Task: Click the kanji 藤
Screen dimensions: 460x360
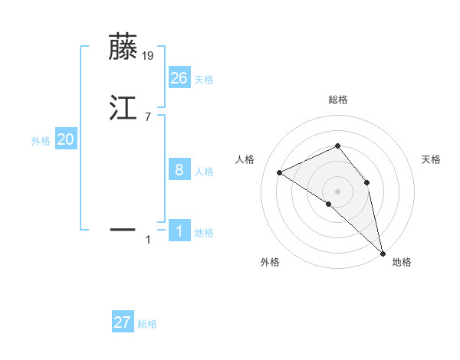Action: click(x=123, y=47)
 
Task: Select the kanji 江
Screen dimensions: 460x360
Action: click(x=123, y=107)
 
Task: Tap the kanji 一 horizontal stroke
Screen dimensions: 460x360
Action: click(x=123, y=228)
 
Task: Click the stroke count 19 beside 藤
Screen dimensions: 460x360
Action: click(x=147, y=55)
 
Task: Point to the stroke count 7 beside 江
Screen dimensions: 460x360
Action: click(x=147, y=116)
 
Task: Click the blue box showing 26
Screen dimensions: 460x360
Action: click(x=179, y=77)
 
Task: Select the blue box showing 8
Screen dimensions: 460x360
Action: click(x=179, y=170)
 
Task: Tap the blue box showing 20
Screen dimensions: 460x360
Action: click(x=66, y=139)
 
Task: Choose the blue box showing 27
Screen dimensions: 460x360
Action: click(x=123, y=322)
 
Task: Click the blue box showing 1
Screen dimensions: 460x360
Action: click(x=179, y=231)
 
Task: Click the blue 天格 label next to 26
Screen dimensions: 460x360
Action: click(x=204, y=79)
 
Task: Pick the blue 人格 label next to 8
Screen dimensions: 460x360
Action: click(x=204, y=172)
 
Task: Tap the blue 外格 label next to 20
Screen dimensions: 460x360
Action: click(x=41, y=141)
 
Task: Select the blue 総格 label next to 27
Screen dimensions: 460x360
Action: click(x=147, y=324)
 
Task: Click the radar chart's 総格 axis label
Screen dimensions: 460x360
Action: click(x=337, y=100)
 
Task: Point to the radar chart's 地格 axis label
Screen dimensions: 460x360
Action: click(x=402, y=262)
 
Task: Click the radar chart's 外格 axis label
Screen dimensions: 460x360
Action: click(x=270, y=262)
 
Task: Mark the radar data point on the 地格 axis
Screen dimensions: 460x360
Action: click(x=383, y=252)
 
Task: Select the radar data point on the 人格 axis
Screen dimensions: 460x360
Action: click(x=280, y=172)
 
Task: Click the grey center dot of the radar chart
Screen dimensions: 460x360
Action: click(x=337, y=191)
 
